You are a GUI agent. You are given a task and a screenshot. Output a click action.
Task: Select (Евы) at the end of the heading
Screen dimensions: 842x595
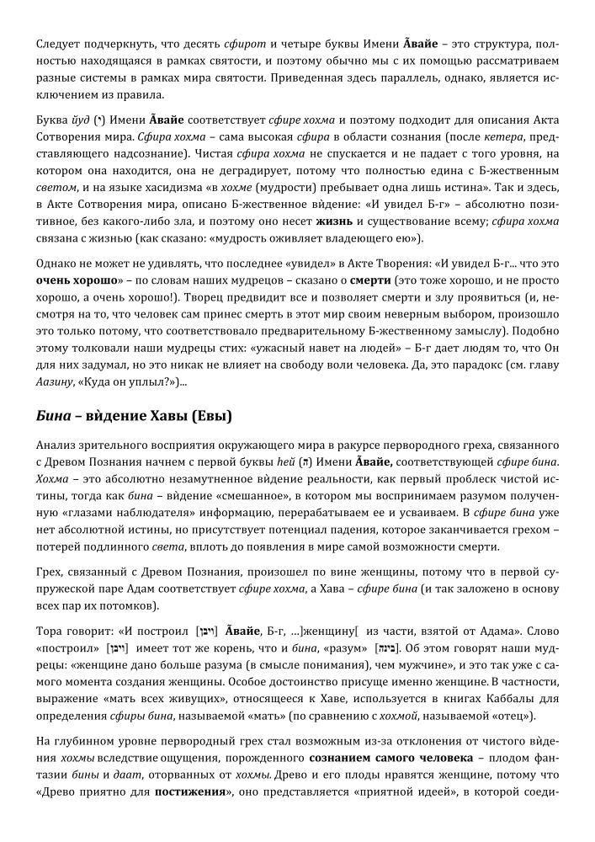[211, 416]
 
